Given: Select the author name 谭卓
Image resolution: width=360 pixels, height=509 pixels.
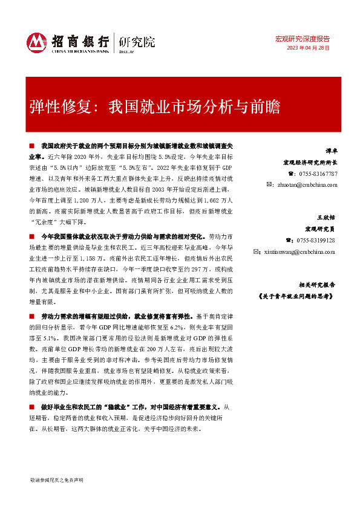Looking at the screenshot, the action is click(x=329, y=152).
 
